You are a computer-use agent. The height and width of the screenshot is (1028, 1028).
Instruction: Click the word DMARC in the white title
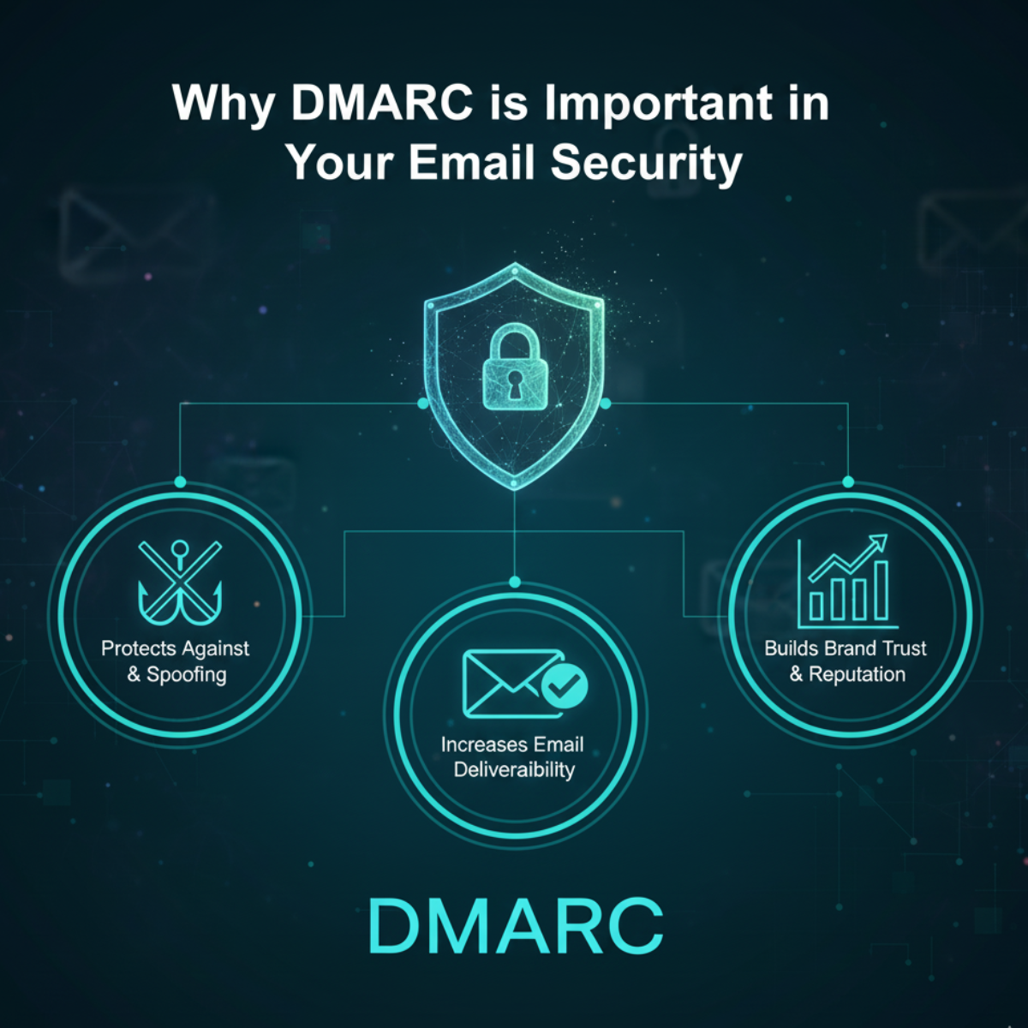(x=381, y=103)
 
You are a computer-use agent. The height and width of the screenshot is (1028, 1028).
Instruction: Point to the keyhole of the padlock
(x=513, y=383)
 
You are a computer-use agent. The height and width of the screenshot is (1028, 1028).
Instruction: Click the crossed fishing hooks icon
(x=180, y=582)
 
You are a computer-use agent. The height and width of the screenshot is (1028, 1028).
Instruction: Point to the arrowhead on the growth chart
(x=878, y=543)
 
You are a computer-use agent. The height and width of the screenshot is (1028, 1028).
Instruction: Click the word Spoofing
(x=187, y=674)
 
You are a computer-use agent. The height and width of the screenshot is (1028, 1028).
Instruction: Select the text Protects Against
(x=176, y=648)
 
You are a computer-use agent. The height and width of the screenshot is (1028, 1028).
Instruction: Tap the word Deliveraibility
(x=514, y=769)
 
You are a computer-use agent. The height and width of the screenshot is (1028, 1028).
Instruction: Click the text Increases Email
(x=512, y=744)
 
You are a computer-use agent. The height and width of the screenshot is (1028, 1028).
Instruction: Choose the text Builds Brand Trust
(x=846, y=648)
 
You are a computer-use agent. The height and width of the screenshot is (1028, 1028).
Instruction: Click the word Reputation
(x=857, y=674)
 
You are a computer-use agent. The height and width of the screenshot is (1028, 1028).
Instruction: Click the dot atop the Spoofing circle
(x=180, y=482)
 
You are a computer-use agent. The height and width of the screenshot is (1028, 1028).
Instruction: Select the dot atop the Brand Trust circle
(x=848, y=482)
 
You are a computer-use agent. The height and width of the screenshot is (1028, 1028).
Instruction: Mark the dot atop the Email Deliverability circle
(x=514, y=583)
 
